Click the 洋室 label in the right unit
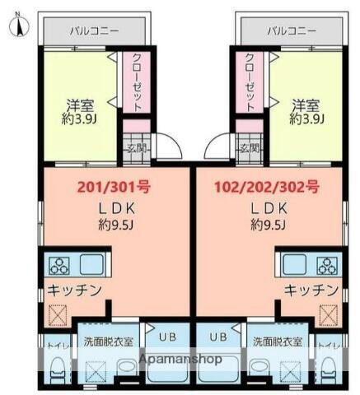tap(306, 105)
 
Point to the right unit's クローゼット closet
tap(249, 82)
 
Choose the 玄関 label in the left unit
tap(136, 149)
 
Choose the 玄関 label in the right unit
tap(248, 149)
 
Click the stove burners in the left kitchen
tap(60, 265)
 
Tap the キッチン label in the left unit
tap(74, 290)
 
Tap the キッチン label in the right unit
tap(311, 290)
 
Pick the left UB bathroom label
tap(165, 337)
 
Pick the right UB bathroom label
tap(218, 337)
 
